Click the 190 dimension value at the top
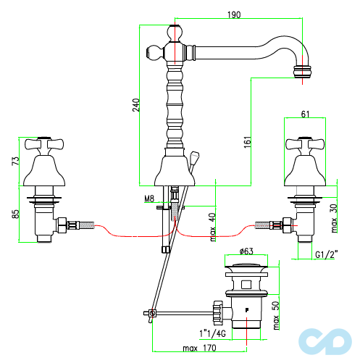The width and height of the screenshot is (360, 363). point(234,14)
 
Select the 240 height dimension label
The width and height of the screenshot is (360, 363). point(136,105)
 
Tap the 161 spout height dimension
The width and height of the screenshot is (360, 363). point(248,142)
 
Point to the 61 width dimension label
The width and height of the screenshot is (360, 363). point(305,114)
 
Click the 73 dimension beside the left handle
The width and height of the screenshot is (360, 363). point(15,161)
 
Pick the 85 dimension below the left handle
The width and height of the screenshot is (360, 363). point(15,214)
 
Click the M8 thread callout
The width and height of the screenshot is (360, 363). point(149,199)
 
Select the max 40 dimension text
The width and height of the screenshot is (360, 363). point(212,227)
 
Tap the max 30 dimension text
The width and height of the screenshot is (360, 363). point(334,218)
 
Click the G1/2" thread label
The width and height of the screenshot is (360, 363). point(327,254)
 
